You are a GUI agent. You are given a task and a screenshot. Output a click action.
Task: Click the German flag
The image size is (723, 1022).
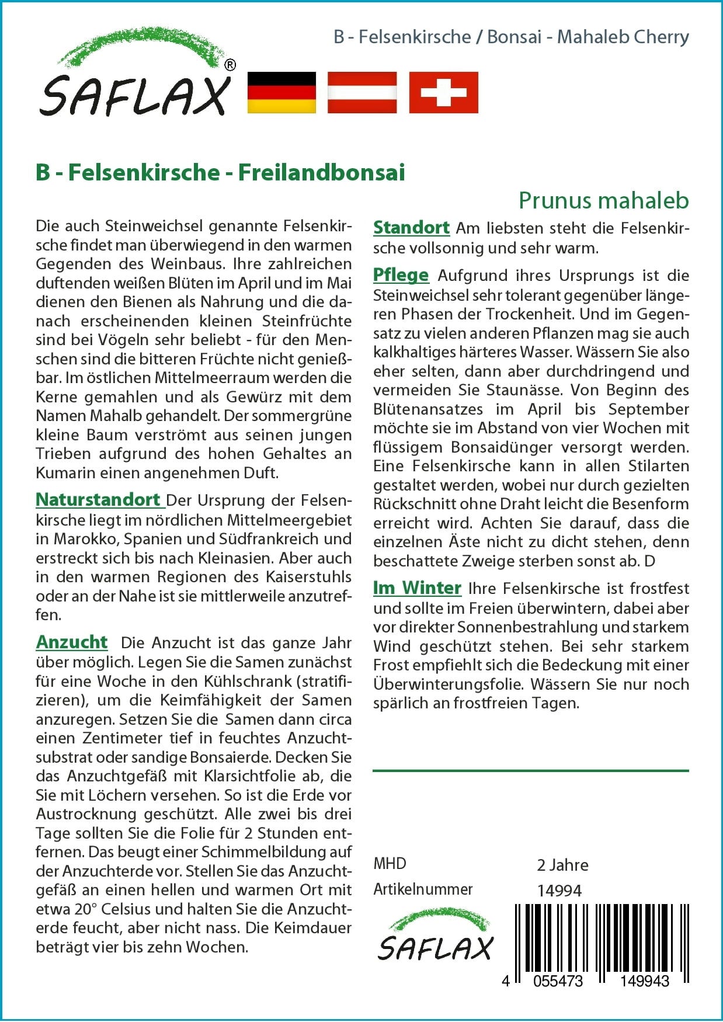click(x=281, y=92)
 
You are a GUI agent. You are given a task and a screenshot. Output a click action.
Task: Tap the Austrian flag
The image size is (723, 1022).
click(x=362, y=92)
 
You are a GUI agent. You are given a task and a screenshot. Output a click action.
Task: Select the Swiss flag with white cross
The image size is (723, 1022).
click(x=443, y=92)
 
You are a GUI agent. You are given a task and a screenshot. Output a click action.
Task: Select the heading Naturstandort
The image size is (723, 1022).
click(x=98, y=500)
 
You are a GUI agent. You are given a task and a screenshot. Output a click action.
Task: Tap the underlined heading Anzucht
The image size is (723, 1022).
click(x=72, y=642)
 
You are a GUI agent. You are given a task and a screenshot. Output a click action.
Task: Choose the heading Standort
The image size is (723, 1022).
click(x=411, y=228)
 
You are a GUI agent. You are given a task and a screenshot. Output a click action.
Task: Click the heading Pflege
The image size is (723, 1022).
click(x=401, y=275)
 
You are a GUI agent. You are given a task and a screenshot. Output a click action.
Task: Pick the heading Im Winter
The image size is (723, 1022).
click(x=417, y=588)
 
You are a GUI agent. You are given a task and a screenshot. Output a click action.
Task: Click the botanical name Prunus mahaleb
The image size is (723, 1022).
click(x=603, y=201)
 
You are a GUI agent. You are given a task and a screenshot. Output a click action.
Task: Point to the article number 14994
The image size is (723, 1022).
click(x=559, y=891)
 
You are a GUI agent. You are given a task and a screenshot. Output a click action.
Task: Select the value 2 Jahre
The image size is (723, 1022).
click(x=562, y=865)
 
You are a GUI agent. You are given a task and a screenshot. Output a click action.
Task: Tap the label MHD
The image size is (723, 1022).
click(x=390, y=864)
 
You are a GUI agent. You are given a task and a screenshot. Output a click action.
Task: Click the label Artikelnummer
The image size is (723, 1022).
click(x=423, y=889)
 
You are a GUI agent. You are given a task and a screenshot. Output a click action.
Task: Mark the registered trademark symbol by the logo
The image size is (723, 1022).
click(x=230, y=65)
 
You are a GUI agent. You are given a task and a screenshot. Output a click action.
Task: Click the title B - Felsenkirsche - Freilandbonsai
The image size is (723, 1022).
click(x=220, y=172)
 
